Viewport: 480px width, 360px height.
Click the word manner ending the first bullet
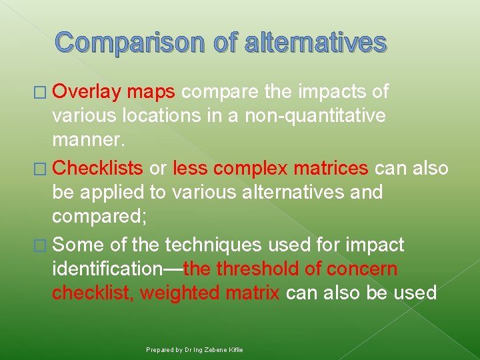tap(87, 142)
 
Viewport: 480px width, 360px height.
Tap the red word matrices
tap(333, 169)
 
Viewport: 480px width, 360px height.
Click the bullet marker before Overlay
tap(42, 91)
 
